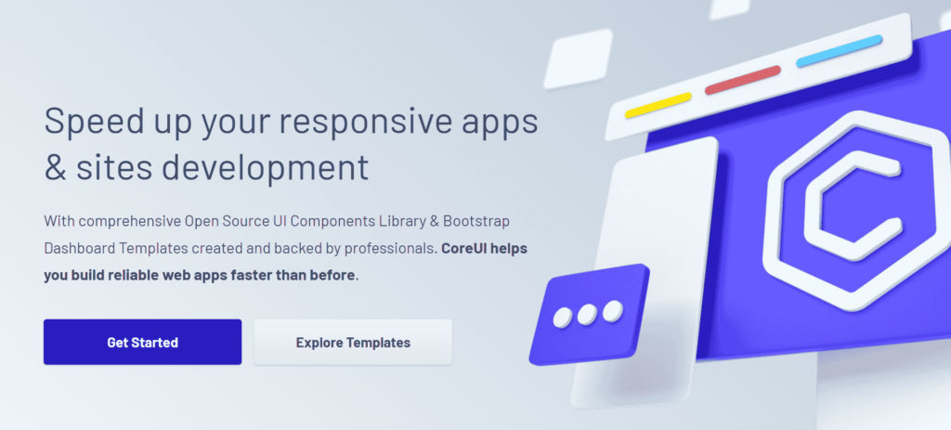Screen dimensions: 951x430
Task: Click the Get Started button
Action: [x=142, y=342]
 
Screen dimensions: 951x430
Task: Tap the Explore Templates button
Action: [x=353, y=342]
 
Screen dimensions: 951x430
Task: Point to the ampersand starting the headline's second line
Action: [x=55, y=167]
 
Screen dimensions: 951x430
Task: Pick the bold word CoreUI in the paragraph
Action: [x=464, y=249]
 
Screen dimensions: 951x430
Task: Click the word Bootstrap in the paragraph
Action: [x=476, y=222]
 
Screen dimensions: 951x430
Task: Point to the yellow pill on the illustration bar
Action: [x=658, y=106]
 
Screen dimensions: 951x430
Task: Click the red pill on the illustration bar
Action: [x=742, y=80]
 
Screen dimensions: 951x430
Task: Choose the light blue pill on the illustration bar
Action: [x=839, y=50]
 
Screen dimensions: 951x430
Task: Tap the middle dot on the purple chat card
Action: [x=587, y=314]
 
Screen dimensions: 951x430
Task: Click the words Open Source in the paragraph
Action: [x=223, y=222]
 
